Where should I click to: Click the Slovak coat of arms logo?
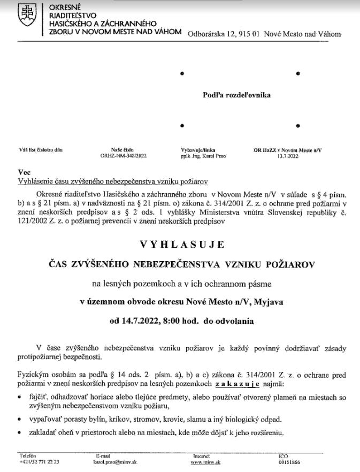point(26,17)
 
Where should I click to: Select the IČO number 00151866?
point(289,461)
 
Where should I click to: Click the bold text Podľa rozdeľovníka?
point(236,95)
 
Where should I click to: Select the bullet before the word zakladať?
point(20,433)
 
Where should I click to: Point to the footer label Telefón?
point(27,455)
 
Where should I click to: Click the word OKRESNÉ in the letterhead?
point(64,7)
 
